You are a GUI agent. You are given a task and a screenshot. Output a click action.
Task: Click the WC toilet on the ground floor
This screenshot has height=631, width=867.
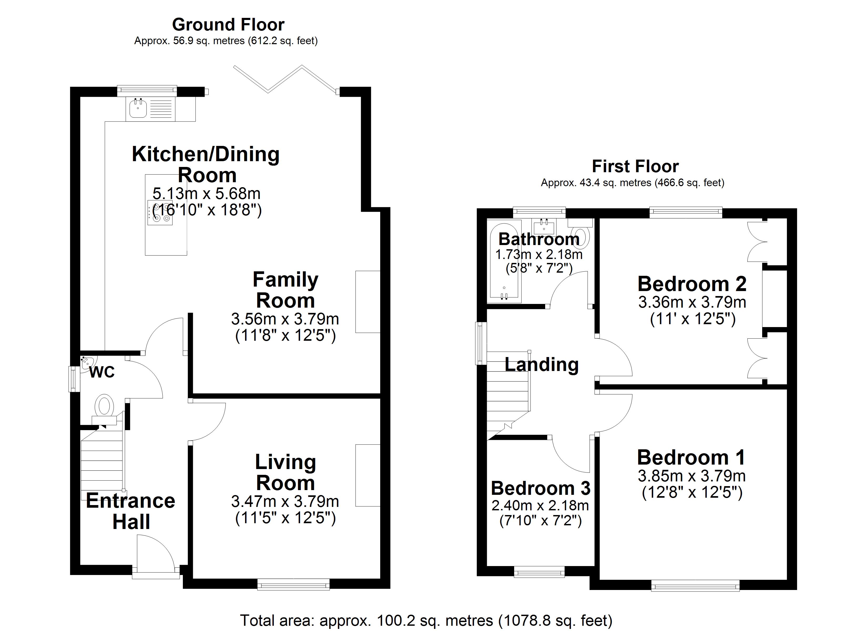(x=105, y=406)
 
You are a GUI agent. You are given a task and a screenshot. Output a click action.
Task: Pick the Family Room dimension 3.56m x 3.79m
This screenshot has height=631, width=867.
(x=285, y=319)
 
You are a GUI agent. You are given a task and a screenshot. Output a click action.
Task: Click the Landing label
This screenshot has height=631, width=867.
(x=541, y=364)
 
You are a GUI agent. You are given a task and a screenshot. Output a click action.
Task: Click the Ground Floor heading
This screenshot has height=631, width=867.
(x=228, y=25)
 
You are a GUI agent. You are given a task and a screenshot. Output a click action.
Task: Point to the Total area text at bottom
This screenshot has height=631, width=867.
(x=426, y=620)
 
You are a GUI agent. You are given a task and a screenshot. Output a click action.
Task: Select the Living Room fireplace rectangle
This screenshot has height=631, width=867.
(x=367, y=475)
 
